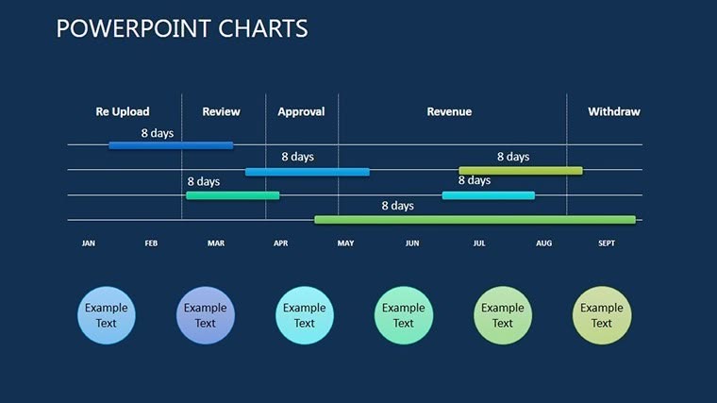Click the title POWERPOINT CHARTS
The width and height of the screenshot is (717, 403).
click(182, 28)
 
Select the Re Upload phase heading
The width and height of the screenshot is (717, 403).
click(123, 111)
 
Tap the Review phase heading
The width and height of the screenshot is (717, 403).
click(221, 111)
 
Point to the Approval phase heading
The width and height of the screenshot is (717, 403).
click(301, 111)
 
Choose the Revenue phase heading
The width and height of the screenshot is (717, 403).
click(449, 111)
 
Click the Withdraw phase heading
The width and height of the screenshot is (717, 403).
click(613, 111)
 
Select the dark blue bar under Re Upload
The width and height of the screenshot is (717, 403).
click(171, 145)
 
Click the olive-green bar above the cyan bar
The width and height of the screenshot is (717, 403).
click(520, 171)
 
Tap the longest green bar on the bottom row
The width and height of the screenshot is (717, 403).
click(475, 220)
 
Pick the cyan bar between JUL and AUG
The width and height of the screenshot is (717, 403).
click(488, 195)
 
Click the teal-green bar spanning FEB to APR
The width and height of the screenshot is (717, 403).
click(232, 195)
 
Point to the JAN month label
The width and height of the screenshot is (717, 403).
click(89, 243)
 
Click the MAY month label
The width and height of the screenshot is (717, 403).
click(345, 243)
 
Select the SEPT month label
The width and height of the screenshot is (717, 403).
click(607, 243)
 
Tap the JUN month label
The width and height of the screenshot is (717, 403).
click(412, 243)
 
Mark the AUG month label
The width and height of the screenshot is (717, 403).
click(544, 243)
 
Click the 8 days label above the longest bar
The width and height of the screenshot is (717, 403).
click(397, 206)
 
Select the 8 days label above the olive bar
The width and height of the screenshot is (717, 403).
click(513, 157)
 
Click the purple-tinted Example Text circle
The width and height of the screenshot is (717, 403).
click(206, 315)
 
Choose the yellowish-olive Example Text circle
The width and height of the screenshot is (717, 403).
click(602, 315)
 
